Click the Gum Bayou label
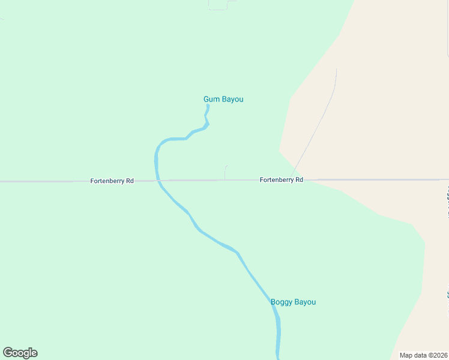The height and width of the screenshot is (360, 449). pyautogui.click(x=223, y=99)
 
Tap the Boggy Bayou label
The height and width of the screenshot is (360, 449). pyautogui.click(x=293, y=302)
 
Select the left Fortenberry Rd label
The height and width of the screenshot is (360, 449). pyautogui.click(x=112, y=181)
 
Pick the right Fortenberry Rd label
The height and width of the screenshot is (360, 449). pyautogui.click(x=281, y=179)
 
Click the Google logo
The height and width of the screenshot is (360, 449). pyautogui.click(x=20, y=353)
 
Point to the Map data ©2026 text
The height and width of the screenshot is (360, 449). pyautogui.click(x=424, y=355)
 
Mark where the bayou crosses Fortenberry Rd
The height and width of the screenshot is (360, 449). pyautogui.click(x=158, y=180)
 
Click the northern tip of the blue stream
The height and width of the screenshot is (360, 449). pyautogui.click(x=208, y=106)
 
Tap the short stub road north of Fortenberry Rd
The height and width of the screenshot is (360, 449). pyautogui.click(x=224, y=172)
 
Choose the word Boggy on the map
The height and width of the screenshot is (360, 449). pyautogui.click(x=281, y=302)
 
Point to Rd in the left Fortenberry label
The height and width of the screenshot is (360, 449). pyautogui.click(x=129, y=181)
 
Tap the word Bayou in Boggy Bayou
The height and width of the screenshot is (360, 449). pyautogui.click(x=305, y=302)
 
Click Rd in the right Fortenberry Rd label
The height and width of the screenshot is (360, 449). pyautogui.click(x=298, y=179)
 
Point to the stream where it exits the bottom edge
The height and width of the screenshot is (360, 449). pyautogui.click(x=279, y=357)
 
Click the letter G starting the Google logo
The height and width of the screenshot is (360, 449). pyautogui.click(x=8, y=353)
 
